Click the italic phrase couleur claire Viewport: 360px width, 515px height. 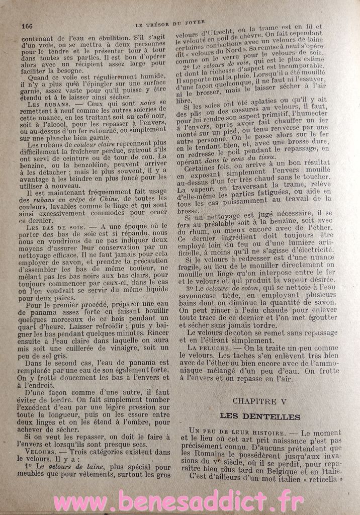click(x=87, y=143)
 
